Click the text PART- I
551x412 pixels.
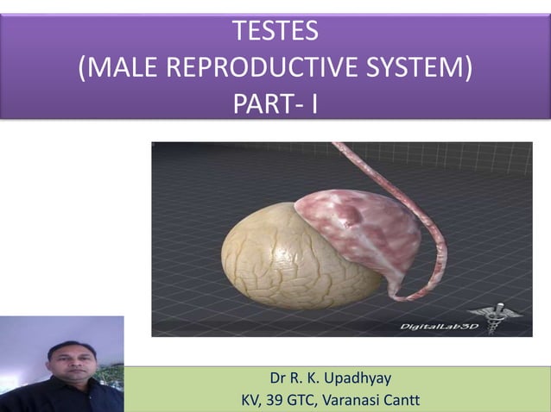(275, 106)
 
